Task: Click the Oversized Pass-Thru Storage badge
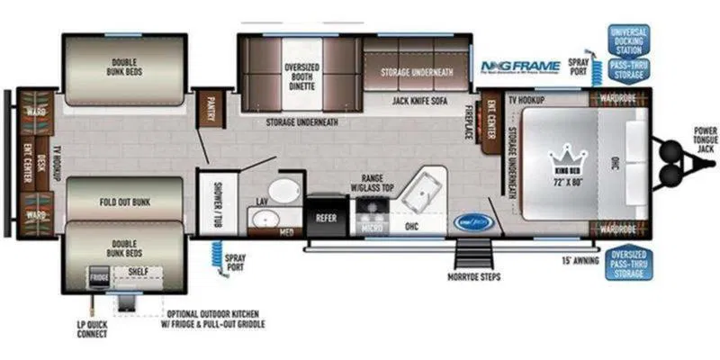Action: coord(631,264)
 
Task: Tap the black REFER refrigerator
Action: coord(326,217)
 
